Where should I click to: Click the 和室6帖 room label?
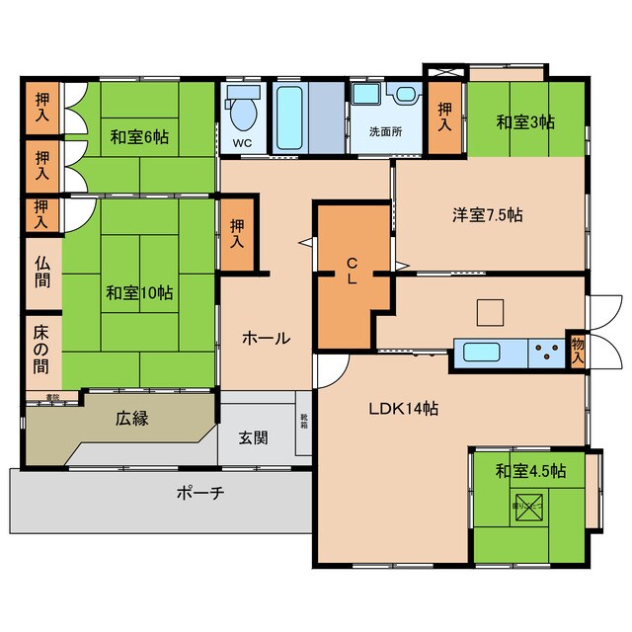pos(138,137)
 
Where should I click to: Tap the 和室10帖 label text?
pos(139,293)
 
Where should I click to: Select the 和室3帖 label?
pos(524,122)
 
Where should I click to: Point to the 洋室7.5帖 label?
pos(488,214)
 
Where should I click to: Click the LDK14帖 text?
pos(404,408)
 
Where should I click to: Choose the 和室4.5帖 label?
pos(530,470)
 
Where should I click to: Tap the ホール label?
pos(267,338)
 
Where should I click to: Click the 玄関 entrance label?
pos(254,437)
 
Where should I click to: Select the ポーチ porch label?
pos(201,492)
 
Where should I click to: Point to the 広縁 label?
pos(132,419)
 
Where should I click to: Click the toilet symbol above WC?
pos(242,112)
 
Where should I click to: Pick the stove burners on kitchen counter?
pos(544,353)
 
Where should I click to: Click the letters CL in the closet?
pos(351,270)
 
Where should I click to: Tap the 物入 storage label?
pos(578,351)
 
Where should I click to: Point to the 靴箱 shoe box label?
pos(304,422)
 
